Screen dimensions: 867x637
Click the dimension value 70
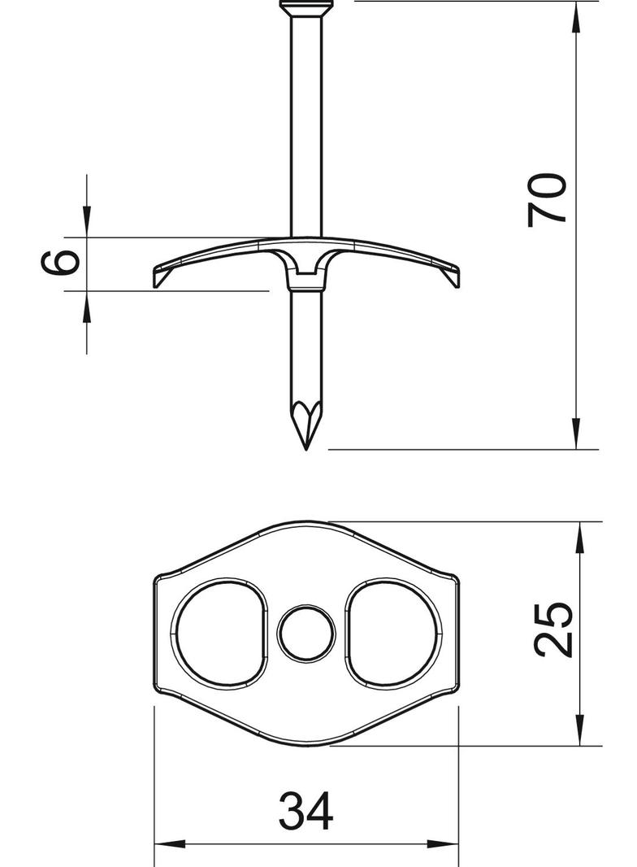pyautogui.click(x=548, y=199)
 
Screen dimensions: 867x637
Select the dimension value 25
pyautogui.click(x=555, y=629)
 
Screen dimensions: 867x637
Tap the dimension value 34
pyautogui.click(x=306, y=811)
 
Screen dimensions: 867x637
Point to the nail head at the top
pyautogui.click(x=306, y=7)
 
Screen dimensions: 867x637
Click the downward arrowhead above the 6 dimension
pyautogui.click(x=87, y=224)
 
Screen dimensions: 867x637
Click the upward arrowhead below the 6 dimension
pyautogui.click(x=87, y=303)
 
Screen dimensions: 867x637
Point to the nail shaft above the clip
pyautogui.click(x=306, y=122)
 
